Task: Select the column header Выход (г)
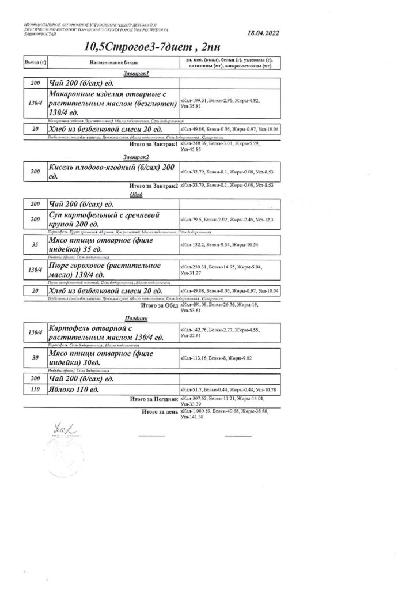[x=34, y=62]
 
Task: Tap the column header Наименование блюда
[x=112, y=62]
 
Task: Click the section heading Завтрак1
[x=136, y=74]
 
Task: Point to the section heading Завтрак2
[x=136, y=157]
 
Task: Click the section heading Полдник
[x=136, y=317]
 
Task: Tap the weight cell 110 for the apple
[x=35, y=390]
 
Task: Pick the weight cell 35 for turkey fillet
[x=35, y=244]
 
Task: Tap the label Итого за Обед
[x=157, y=306]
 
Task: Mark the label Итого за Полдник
[x=154, y=398]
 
